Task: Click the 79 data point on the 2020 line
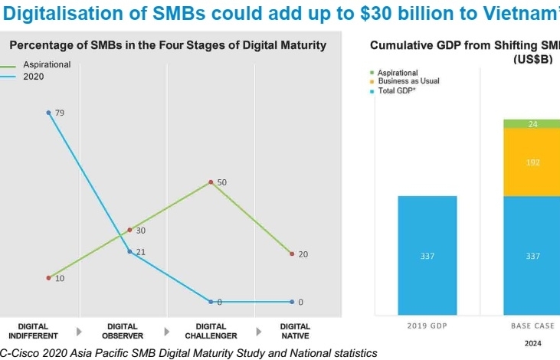pos(49,113)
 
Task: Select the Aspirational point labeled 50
pos(211,182)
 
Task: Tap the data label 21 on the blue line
pos(141,252)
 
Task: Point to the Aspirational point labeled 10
pos(48,277)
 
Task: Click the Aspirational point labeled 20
pos(292,254)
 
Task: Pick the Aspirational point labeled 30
pos(129,229)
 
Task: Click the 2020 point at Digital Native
pos(292,302)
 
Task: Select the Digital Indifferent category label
pos(33,331)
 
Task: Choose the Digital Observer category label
pos(123,331)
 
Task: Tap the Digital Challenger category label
pos(211,331)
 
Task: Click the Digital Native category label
pos(295,331)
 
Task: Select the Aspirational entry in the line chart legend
pos(46,65)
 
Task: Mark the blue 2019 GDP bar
pos(427,255)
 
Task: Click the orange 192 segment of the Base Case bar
pos(532,162)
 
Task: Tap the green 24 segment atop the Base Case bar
pos(532,123)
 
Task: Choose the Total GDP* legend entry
pos(398,90)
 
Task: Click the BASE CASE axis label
pos(532,326)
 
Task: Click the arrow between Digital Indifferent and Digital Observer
pos(78,332)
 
